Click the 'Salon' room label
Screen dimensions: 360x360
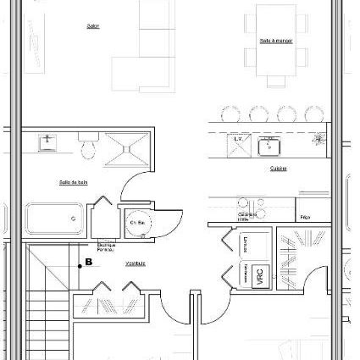click(x=93, y=26)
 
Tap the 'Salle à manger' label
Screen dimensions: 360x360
click(x=276, y=41)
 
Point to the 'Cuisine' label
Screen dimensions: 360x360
click(x=278, y=169)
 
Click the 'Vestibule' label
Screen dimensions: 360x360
click(x=136, y=263)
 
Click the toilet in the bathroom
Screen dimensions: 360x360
click(x=87, y=148)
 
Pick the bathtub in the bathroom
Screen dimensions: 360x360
click(x=55, y=219)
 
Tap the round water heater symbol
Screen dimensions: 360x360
click(x=136, y=224)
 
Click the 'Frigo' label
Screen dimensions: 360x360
click(x=304, y=218)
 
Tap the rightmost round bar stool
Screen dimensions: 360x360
click(x=314, y=114)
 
